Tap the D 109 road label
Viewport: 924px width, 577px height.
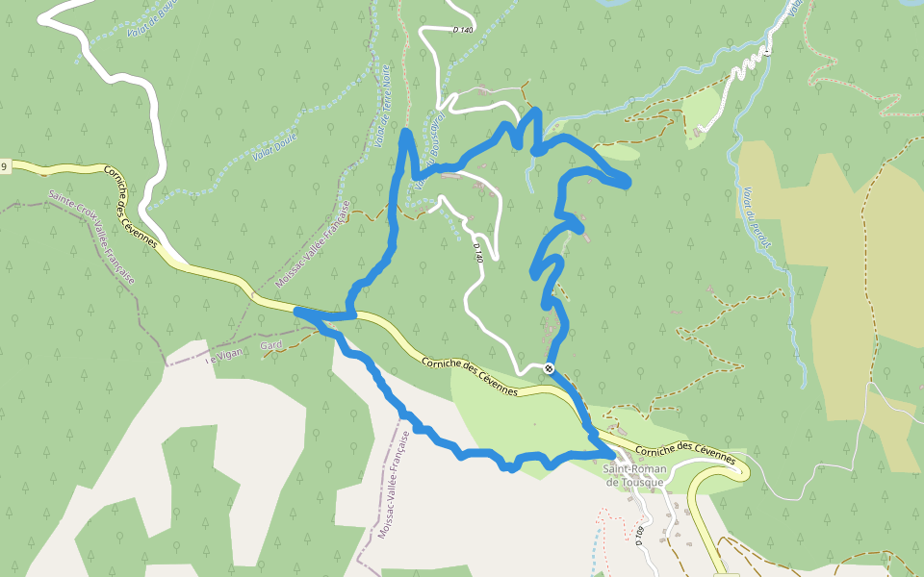[639, 536]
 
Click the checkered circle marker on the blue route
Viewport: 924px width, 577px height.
[549, 368]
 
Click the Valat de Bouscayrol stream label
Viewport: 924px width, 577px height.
[426, 157]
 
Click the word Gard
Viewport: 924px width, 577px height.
[270, 344]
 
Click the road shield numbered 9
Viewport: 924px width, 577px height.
[4, 167]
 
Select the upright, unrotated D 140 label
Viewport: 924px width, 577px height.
[463, 30]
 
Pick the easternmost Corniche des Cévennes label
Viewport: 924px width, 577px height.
[691, 453]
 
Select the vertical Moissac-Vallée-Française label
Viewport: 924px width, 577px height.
[394, 485]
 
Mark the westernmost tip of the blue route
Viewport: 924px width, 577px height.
[296, 312]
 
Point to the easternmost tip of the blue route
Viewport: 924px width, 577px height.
[628, 182]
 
